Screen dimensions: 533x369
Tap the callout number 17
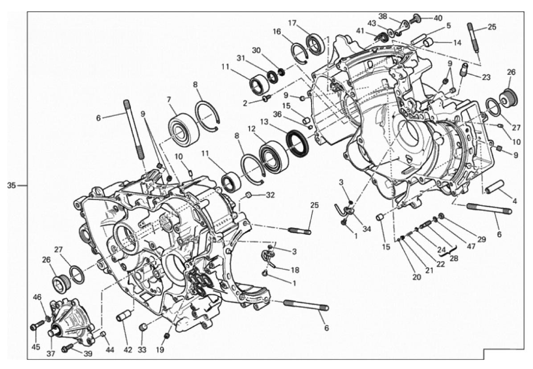click(x=292, y=23)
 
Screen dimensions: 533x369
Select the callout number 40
click(x=438, y=18)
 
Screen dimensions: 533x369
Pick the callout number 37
click(x=51, y=354)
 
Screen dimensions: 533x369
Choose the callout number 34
click(x=366, y=229)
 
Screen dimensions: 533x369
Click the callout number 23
click(x=487, y=78)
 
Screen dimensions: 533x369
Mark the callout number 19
click(x=160, y=349)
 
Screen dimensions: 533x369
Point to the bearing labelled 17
click(x=316, y=44)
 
